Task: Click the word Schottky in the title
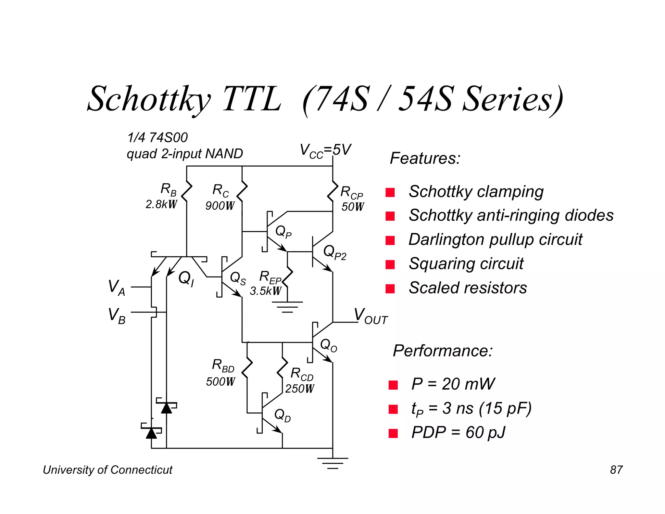pos(149,99)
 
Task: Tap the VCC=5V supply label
pos(325,151)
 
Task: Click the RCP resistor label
pos(351,192)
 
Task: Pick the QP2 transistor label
pos(335,252)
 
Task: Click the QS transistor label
pos(238,278)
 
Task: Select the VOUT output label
pos(370,316)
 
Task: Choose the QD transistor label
pos(282,415)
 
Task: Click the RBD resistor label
pos(223,366)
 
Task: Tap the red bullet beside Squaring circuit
pos(390,264)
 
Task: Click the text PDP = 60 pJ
pos(458,433)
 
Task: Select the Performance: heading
pos(443,351)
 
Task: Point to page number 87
pos(616,470)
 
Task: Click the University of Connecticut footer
pos(107,470)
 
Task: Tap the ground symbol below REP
pos(287,306)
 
